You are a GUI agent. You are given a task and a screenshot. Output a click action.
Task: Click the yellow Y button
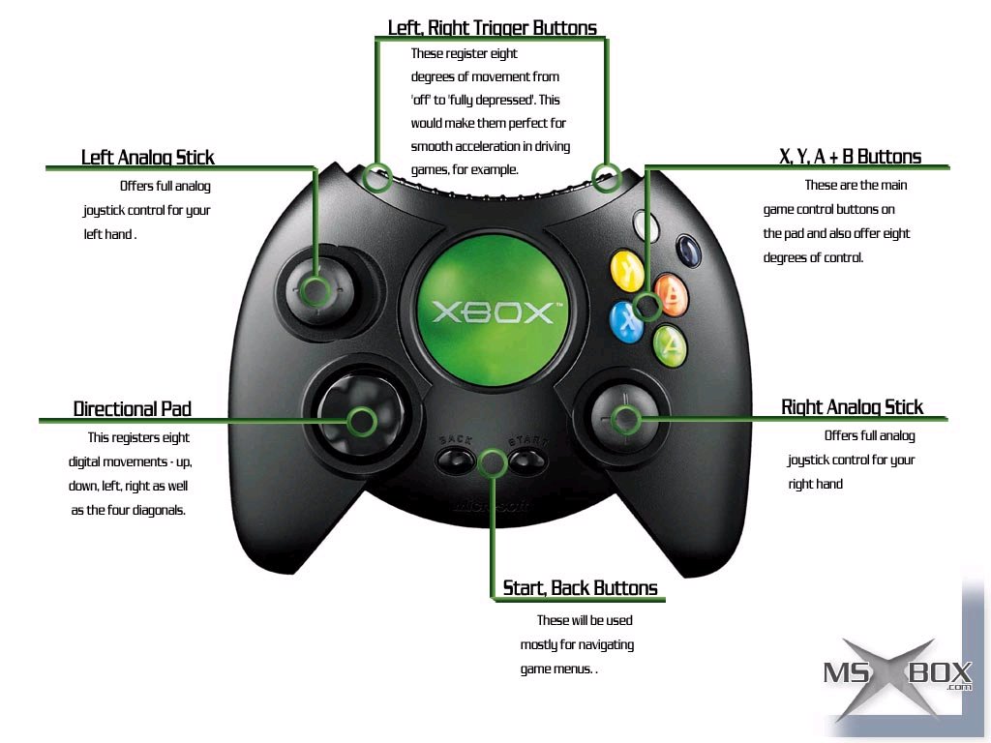point(627,270)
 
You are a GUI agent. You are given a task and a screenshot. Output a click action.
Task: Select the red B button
point(670,292)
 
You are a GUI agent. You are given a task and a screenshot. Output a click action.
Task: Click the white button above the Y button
point(646,225)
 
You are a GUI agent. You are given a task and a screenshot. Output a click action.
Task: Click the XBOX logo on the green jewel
point(492,312)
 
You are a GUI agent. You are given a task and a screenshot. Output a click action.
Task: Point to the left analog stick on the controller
point(315,288)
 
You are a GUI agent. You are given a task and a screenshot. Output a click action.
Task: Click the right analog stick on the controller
point(626,419)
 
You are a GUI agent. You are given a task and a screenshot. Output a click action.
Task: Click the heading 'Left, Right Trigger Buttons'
point(492,28)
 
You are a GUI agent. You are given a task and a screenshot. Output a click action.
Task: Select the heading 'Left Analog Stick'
point(148,157)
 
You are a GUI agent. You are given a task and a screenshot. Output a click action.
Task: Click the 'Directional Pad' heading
point(133,409)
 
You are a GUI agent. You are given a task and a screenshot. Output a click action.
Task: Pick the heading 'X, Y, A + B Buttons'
point(850,157)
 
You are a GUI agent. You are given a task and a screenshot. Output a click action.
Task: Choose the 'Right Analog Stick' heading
point(852,407)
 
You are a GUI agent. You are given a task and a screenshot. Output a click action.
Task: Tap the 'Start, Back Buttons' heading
point(580,588)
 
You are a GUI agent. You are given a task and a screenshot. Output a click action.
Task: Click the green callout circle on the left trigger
point(377,178)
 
